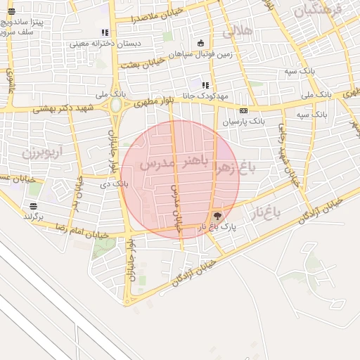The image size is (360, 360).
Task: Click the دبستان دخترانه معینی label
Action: (105, 44)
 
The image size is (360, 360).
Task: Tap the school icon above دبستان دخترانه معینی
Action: (105, 32)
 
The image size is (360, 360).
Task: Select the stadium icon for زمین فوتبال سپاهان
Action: (201, 43)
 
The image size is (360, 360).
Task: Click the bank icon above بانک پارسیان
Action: (244, 110)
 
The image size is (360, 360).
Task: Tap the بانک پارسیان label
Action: (243, 122)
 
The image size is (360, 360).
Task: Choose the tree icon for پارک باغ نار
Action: (217, 216)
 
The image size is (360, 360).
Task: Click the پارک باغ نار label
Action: (216, 228)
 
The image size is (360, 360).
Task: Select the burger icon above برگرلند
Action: (34, 206)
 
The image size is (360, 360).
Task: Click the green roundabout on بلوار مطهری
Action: (115, 105)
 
